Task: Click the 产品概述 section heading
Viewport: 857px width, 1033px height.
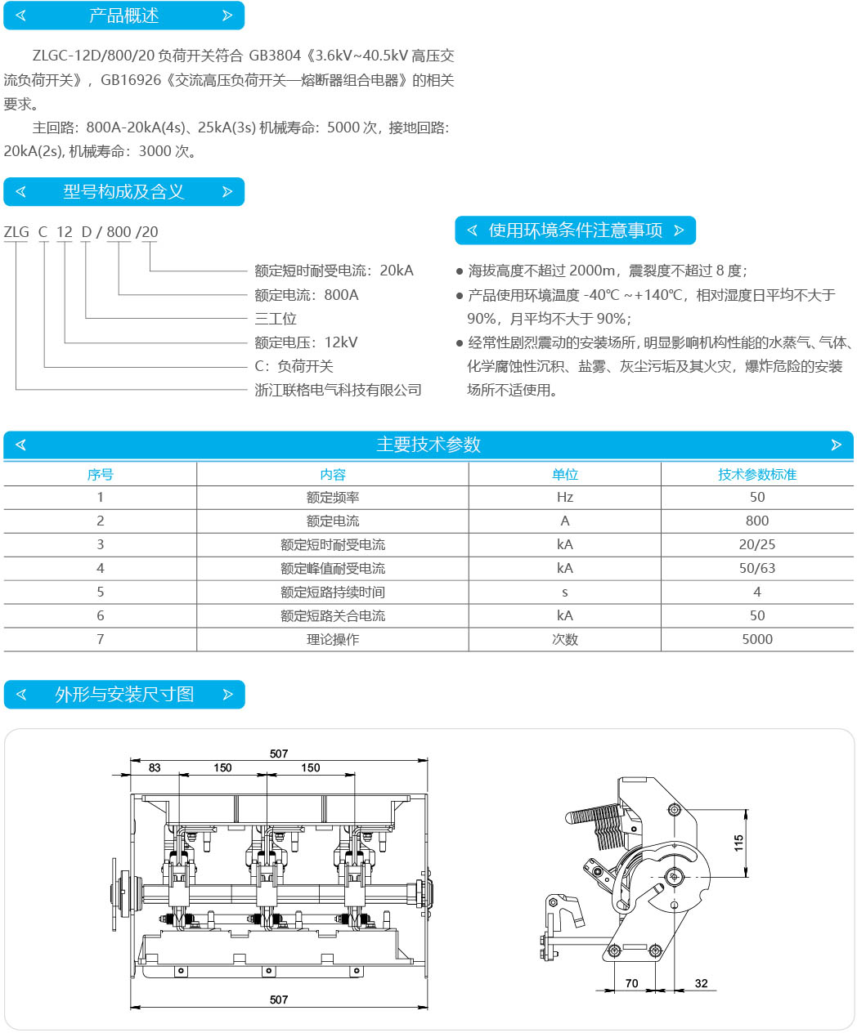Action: coord(123,16)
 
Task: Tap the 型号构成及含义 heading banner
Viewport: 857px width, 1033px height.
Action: coord(123,191)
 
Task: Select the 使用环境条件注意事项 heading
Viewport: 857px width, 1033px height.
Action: coord(576,230)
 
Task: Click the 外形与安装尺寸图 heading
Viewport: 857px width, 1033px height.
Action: coord(124,694)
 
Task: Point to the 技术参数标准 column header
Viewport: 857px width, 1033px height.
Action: coord(757,474)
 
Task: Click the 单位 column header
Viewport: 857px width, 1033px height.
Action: coord(564,474)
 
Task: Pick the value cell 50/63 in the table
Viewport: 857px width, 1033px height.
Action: coord(757,568)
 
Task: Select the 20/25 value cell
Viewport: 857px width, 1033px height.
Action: coord(757,544)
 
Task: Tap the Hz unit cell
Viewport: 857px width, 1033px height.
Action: coord(564,497)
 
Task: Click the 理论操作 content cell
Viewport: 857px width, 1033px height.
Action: coord(333,639)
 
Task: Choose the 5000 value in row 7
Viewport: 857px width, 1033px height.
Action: coord(757,639)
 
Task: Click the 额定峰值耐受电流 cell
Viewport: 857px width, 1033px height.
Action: coord(333,568)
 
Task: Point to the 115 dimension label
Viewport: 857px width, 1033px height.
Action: coord(738,843)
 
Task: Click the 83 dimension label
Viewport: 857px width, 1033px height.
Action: coord(155,767)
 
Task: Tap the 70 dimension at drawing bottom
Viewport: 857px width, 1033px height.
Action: coord(632,983)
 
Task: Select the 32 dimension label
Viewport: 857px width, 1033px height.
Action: coord(701,983)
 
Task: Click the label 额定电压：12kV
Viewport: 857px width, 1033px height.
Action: coord(306,342)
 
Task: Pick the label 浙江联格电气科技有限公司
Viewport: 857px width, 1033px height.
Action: coord(338,390)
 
